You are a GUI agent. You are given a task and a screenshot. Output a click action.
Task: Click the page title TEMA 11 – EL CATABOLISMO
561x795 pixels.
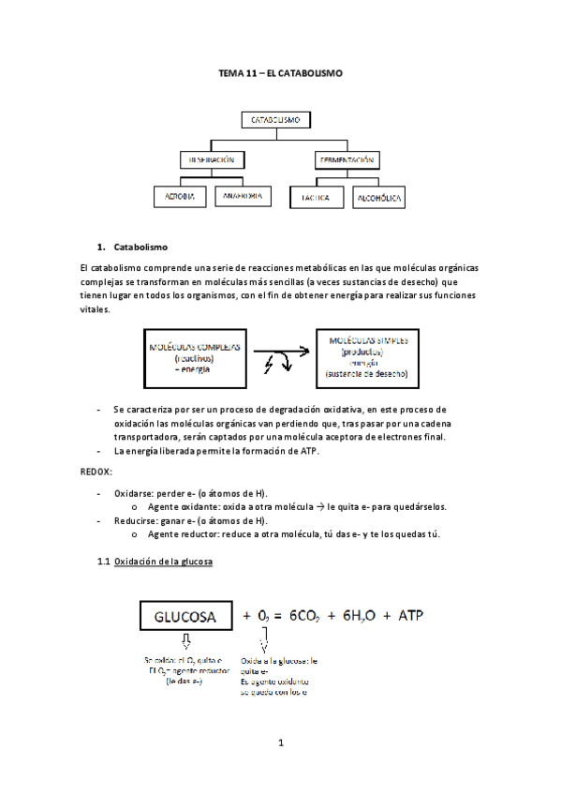pyautogui.click(x=280, y=71)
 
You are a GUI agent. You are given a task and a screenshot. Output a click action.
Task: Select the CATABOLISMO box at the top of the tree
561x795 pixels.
pyautogui.click(x=274, y=121)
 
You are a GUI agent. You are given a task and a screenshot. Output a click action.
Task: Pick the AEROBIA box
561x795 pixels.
pyautogui.click(x=180, y=197)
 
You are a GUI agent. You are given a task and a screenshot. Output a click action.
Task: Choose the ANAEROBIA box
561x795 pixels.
pyautogui.click(x=243, y=197)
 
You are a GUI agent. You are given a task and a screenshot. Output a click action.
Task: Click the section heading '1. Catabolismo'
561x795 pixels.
pyautogui.click(x=140, y=247)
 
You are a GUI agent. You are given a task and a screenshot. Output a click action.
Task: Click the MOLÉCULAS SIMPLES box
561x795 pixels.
pyautogui.click(x=367, y=355)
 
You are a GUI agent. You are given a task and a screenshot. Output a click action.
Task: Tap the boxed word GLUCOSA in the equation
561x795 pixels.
pyautogui.click(x=186, y=616)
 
